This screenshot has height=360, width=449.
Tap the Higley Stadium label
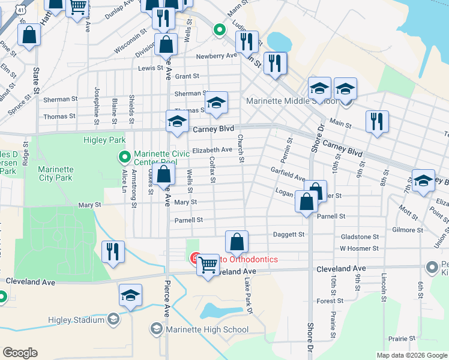(77, 320)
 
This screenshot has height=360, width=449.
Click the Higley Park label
(104, 140)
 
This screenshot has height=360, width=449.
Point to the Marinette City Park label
(55, 173)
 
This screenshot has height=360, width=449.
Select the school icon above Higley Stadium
(130, 295)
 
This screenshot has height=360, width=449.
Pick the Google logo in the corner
(20, 353)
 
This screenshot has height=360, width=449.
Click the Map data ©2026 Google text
(412, 355)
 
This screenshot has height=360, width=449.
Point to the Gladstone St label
(360, 237)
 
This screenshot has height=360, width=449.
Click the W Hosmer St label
(359, 248)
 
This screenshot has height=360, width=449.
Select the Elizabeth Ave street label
(212, 150)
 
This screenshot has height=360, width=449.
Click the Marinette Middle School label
(292, 101)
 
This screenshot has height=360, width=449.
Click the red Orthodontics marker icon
(195, 259)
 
